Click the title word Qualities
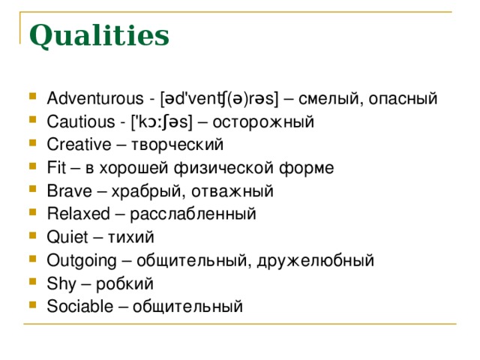tap(99, 36)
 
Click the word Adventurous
tap(95, 98)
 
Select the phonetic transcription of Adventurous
tap(220, 99)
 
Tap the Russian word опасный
tap(403, 99)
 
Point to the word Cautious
tap(81, 121)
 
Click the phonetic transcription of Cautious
tap(162, 122)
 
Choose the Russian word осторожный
tap(263, 122)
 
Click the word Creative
tap(79, 145)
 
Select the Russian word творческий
tap(177, 145)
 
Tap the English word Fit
tap(56, 168)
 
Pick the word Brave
tap(70, 190)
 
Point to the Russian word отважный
tap(232, 192)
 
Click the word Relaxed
tap(78, 214)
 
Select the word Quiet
tap(67, 237)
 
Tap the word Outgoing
tap(82, 261)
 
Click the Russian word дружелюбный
tap(316, 261)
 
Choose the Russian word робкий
tap(124, 283)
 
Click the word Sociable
tap(80, 306)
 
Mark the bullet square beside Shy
tap(33, 281)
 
